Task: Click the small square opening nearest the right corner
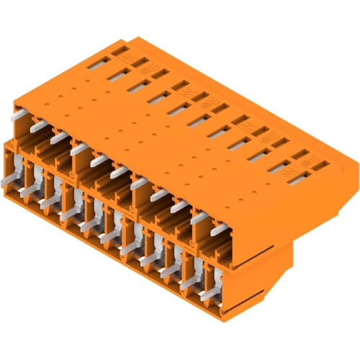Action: [312, 174]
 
